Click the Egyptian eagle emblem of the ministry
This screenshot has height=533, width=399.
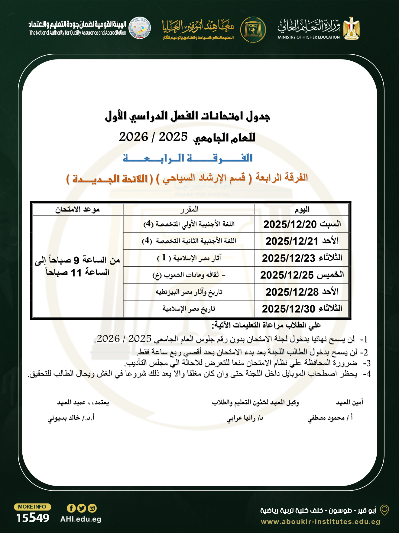(x=351, y=29)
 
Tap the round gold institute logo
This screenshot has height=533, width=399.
(x=253, y=30)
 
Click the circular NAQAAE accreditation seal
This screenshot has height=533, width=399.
(x=140, y=28)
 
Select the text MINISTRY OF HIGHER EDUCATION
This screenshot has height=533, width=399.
(x=309, y=37)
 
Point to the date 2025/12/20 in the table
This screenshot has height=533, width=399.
(x=290, y=224)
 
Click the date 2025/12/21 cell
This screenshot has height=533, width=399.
(x=292, y=241)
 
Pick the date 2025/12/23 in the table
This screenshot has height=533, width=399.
(x=288, y=258)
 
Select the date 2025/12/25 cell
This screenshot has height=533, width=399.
(x=287, y=275)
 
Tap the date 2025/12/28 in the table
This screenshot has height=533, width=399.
(x=292, y=292)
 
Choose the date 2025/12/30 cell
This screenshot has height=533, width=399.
(x=288, y=309)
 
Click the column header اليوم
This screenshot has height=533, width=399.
(x=302, y=209)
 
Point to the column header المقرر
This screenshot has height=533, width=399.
(x=189, y=209)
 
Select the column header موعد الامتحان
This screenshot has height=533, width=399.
(x=77, y=209)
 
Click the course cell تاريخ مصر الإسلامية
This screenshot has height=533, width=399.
(x=189, y=309)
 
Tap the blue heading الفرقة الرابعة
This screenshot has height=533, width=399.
(x=187, y=158)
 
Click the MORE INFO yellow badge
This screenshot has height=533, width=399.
(x=32, y=507)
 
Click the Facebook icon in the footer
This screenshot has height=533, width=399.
(x=71, y=508)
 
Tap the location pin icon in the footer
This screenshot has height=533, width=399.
(x=384, y=510)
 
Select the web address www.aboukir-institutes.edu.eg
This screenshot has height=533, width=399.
(x=320, y=522)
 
